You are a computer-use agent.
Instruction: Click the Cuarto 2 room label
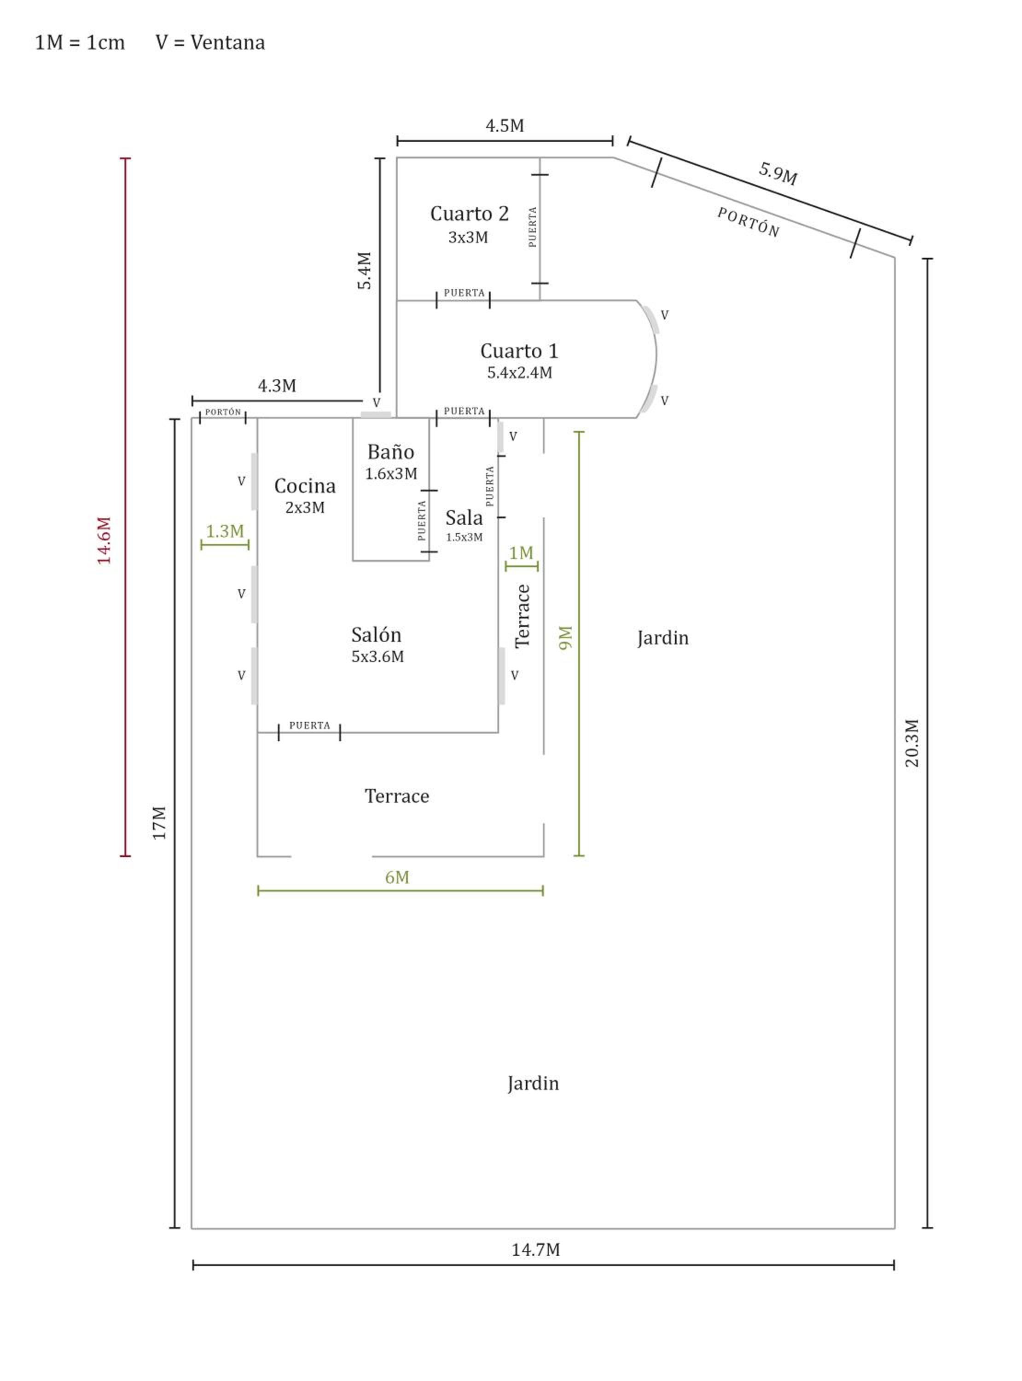tap(470, 214)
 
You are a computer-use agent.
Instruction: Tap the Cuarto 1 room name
tap(520, 351)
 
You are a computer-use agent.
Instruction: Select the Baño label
tap(391, 452)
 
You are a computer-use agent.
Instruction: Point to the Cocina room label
tap(305, 486)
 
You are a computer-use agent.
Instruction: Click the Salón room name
tap(376, 635)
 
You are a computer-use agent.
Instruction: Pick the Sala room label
tap(464, 517)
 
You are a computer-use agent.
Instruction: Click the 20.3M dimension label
tap(912, 743)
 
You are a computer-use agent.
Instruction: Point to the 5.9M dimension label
tap(778, 173)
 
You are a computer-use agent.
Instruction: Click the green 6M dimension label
tap(397, 877)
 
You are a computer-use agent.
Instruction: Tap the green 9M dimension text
tap(565, 638)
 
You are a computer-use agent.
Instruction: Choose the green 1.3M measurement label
tap(225, 531)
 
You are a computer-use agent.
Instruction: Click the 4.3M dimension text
tap(277, 386)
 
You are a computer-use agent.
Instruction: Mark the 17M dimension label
tap(160, 823)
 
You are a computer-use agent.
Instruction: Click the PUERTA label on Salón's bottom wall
tap(310, 725)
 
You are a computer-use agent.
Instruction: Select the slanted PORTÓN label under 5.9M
tap(749, 222)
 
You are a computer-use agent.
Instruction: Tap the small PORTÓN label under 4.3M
tap(223, 412)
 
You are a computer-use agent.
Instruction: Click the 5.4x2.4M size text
tap(520, 373)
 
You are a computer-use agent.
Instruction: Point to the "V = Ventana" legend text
tap(210, 43)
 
